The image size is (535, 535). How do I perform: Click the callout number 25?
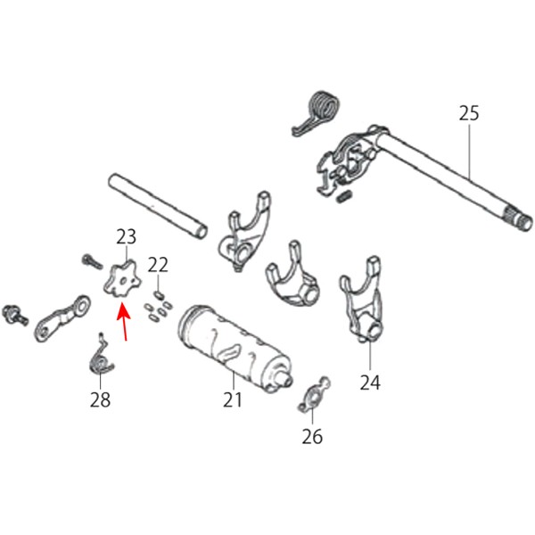469,113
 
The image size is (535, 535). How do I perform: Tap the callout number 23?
127,236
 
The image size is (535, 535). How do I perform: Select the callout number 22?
158,265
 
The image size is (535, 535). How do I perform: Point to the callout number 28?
100,399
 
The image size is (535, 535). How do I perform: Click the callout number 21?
233,399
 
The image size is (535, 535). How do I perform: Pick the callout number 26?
312,436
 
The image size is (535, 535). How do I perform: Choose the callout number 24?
370,383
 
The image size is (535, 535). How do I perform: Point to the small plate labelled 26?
314,394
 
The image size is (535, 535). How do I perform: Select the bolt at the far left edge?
15,315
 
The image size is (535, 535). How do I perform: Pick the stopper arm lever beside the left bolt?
62,318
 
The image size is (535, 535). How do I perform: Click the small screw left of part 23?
92,261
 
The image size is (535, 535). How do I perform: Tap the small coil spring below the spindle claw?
343,196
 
